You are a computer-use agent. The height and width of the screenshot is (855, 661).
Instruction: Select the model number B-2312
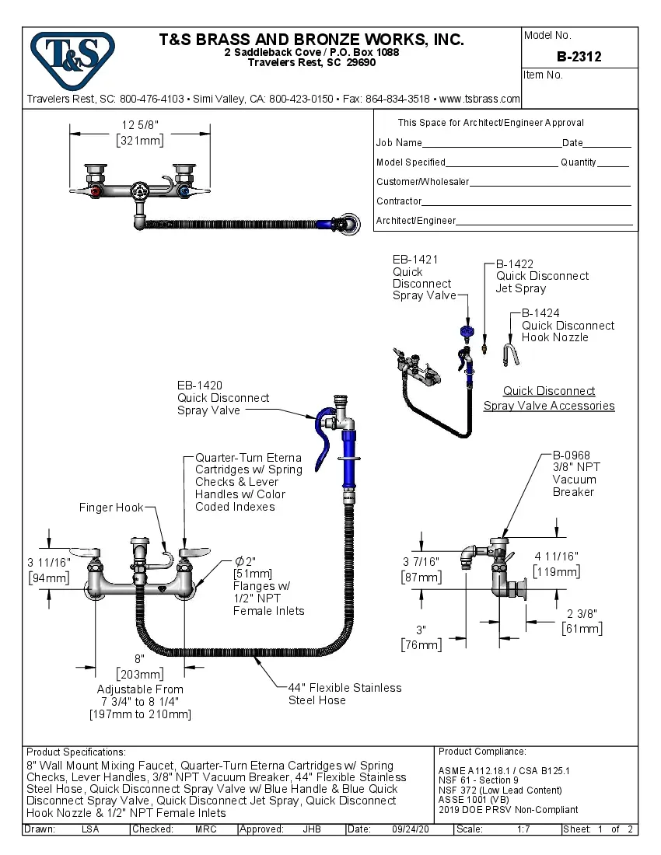[579, 57]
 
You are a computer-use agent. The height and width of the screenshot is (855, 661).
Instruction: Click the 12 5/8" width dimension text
[140, 133]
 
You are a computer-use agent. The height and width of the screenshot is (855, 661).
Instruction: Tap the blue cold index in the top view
[184, 191]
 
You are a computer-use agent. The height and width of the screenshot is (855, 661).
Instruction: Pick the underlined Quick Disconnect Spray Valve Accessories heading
[549, 398]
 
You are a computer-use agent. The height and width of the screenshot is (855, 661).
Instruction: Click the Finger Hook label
[111, 508]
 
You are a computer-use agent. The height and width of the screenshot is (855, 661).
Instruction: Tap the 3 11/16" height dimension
[48, 570]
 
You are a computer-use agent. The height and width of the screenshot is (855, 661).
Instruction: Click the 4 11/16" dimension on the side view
[556, 564]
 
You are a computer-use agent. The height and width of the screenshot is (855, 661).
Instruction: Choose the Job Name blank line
[491, 145]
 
